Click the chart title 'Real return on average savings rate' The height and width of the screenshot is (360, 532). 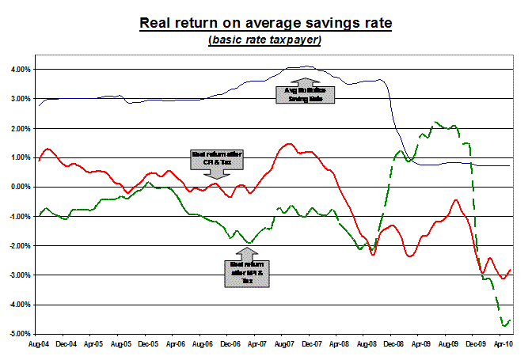pyautogui.click(x=265, y=22)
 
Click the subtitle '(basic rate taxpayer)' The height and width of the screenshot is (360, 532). pyautogui.click(x=265, y=40)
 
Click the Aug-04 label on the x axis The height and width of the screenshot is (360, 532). pyautogui.click(x=40, y=345)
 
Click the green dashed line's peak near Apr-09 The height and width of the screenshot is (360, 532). pyautogui.click(x=436, y=123)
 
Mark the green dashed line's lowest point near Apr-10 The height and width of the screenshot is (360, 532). pyautogui.click(x=503, y=325)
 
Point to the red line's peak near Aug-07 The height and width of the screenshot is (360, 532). pyautogui.click(x=287, y=144)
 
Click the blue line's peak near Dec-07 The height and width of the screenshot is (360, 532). pyautogui.click(x=307, y=66)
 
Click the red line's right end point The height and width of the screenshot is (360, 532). pyautogui.click(x=510, y=270)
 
